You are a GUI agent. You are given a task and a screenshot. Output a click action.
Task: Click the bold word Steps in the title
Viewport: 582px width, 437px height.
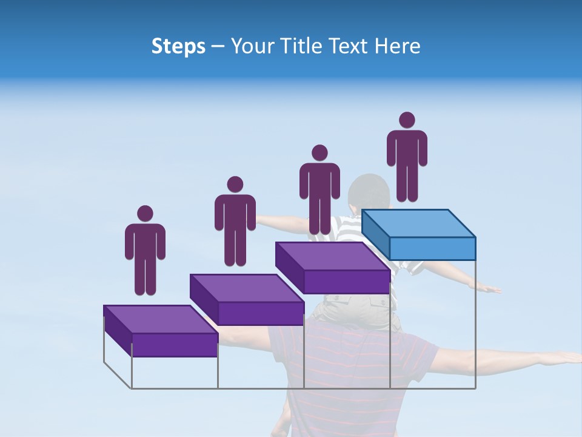[178, 47]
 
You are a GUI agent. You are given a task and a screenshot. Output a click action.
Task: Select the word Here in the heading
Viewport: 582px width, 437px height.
[398, 46]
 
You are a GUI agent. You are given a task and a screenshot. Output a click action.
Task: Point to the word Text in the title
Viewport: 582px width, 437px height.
[349, 46]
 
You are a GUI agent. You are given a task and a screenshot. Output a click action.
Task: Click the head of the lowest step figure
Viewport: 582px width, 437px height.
[145, 214]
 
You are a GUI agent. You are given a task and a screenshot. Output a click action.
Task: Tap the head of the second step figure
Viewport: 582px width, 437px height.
[235, 185]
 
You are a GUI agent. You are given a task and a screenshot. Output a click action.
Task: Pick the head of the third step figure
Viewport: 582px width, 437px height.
[319, 153]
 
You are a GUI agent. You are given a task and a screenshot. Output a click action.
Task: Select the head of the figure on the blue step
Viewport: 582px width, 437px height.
[407, 120]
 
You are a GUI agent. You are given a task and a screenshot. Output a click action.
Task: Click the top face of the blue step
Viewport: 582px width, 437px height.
[418, 223]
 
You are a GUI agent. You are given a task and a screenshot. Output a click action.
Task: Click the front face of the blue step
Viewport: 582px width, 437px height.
[432, 248]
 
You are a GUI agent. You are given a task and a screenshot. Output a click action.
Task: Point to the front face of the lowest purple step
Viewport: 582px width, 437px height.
[175, 345]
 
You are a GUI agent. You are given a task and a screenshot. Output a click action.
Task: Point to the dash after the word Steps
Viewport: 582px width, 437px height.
[218, 47]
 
